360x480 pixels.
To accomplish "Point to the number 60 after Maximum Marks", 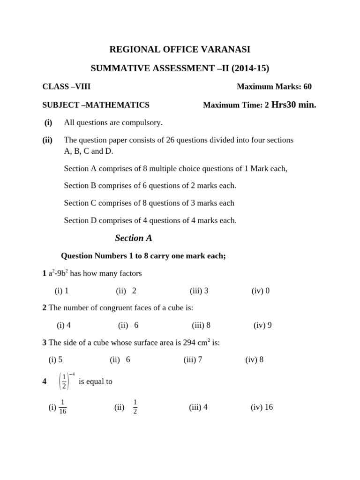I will click(x=307, y=86).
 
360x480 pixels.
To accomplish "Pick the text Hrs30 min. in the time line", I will click(x=294, y=105).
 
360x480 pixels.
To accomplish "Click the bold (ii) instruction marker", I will click(x=47, y=140).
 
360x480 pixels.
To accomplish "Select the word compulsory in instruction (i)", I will click(x=141, y=122).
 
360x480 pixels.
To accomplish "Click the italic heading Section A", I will click(x=134, y=238).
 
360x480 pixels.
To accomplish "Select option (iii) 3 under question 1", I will click(x=199, y=291).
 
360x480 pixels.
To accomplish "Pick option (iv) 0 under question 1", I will click(x=261, y=291).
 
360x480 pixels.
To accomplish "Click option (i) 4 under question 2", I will click(x=64, y=325).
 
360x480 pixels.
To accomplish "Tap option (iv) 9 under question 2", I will click(x=262, y=325).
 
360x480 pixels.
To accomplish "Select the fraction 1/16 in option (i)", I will click(x=63, y=407).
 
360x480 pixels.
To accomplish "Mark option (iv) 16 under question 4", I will click(x=262, y=407).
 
